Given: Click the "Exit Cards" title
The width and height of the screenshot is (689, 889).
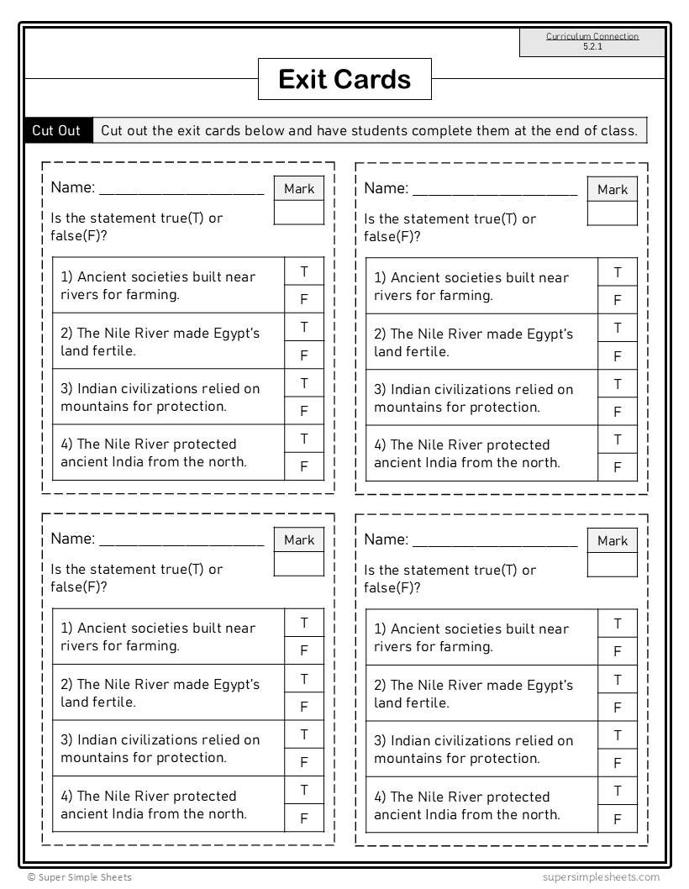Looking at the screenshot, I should tap(344, 80).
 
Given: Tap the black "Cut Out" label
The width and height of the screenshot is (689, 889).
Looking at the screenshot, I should tap(56, 130).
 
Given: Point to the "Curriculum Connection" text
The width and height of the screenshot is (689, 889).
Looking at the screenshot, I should tap(592, 36).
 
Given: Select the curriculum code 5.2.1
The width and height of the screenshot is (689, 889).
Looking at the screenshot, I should tap(592, 47).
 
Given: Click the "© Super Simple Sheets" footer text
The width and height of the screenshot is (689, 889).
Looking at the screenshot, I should tap(79, 877).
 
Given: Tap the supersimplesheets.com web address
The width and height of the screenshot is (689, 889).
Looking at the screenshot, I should tap(601, 877).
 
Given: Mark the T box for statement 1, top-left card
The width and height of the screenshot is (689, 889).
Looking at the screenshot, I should tap(304, 271).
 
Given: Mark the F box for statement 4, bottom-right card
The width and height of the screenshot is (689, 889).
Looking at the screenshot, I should tap(618, 819).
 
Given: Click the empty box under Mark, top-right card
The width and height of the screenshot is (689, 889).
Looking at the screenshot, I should tap(612, 213).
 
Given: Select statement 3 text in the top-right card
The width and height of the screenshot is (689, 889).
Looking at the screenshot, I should tap(474, 398).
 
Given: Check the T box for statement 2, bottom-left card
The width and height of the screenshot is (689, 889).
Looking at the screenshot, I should tap(304, 679).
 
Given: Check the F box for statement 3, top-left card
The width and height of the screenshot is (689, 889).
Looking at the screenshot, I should tap(304, 411).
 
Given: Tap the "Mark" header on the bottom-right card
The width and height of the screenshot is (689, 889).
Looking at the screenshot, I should tap(612, 541).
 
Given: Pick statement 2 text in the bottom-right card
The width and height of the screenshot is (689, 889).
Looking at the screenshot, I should tap(474, 694).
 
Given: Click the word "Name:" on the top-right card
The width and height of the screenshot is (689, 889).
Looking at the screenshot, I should tap(386, 188).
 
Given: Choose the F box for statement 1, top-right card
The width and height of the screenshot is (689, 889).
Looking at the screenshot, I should tap(618, 300).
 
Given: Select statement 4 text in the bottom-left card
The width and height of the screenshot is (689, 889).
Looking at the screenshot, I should tap(154, 805).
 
